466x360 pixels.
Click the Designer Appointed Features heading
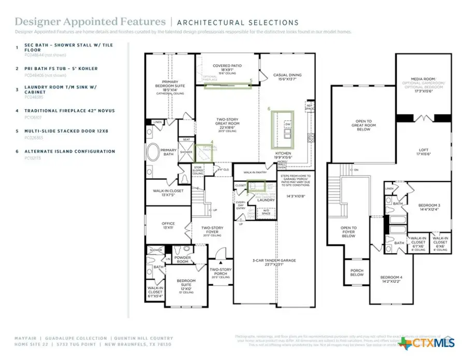pos(89,22)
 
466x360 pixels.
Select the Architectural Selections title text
pos(238,22)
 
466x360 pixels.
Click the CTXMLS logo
pos(430,343)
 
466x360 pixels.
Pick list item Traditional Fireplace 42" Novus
pos(69,111)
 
